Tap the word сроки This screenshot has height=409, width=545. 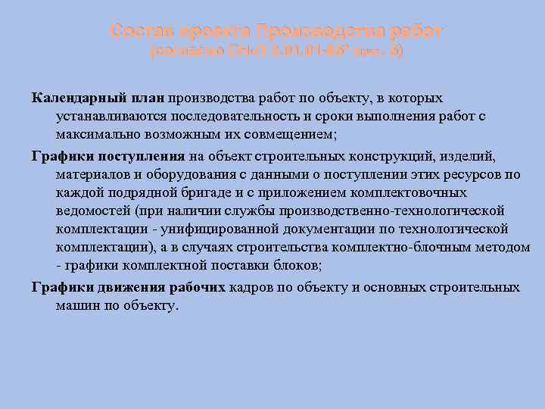point(340,117)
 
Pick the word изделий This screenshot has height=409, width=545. point(468,156)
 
